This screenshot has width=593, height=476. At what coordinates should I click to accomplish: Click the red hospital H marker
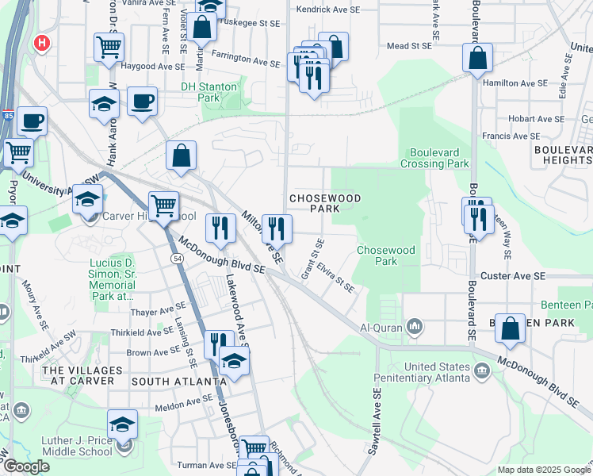(40, 44)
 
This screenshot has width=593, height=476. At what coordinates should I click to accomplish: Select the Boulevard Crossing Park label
(439, 158)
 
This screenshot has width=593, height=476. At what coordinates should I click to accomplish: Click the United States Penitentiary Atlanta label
(449, 373)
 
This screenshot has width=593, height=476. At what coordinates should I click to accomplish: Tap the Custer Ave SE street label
(518, 275)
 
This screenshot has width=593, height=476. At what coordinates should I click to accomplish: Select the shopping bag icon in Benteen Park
(512, 331)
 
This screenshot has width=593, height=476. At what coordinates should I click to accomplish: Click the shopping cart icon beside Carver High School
(163, 206)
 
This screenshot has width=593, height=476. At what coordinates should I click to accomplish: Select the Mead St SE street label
(409, 46)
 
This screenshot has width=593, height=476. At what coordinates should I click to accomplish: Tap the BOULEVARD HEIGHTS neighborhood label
(563, 155)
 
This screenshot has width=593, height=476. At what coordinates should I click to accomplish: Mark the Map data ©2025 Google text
(543, 470)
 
